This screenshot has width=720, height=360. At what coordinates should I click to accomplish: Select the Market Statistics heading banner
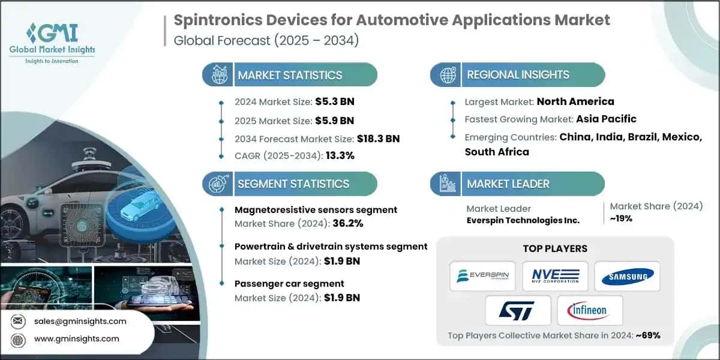tap(290, 75)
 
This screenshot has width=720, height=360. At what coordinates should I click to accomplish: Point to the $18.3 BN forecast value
tap(377, 139)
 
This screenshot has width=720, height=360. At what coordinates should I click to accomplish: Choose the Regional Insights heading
tap(518, 75)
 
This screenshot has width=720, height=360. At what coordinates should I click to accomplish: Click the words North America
tap(575, 101)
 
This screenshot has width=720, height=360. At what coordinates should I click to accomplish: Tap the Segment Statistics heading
tap(293, 184)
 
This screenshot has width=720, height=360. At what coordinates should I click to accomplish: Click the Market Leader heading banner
tap(508, 184)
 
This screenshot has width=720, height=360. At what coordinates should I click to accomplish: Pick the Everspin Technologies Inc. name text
tap(523, 220)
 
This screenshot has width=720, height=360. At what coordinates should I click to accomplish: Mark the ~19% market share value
tap(621, 218)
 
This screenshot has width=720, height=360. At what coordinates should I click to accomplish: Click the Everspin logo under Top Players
tap(484, 275)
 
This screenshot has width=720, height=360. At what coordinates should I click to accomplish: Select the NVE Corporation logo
tap(554, 275)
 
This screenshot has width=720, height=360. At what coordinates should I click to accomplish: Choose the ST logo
tap(519, 310)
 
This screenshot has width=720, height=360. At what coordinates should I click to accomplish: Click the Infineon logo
tap(590, 310)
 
